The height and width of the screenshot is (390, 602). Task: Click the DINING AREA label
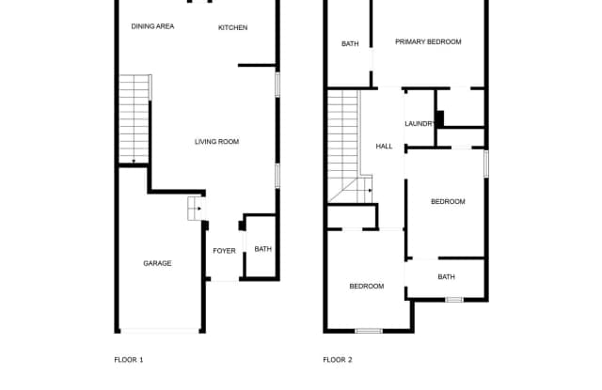152,26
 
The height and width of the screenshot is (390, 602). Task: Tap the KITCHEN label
232,27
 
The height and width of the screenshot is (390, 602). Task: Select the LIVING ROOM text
216,142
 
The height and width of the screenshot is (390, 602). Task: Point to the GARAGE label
157,263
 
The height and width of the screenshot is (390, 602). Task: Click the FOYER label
224,251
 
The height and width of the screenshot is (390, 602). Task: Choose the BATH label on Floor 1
262,249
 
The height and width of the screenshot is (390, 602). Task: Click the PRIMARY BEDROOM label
428,42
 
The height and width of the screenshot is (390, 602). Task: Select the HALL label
384,147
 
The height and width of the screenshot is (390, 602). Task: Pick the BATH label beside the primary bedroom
350,44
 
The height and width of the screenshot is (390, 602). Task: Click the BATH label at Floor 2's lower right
446,277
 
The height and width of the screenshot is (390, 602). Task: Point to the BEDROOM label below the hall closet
366,286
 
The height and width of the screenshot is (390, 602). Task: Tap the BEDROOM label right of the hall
448,202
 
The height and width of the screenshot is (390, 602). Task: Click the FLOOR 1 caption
128,359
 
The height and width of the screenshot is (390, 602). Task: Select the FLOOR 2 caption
337,359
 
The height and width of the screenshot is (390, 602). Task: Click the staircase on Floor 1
135,118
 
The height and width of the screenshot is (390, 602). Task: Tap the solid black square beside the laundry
439,118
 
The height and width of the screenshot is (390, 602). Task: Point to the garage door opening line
159,330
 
